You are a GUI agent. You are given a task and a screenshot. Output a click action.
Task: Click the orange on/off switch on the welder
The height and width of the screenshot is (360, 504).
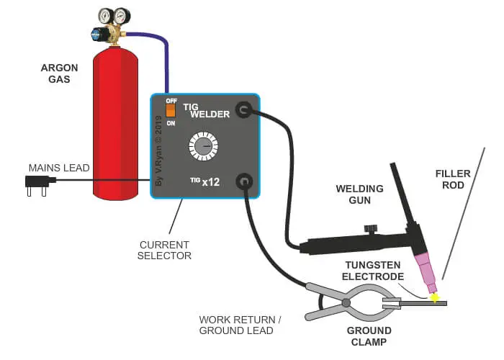tap(171, 111)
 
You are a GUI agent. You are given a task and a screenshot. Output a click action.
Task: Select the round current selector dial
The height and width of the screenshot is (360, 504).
tap(202, 147)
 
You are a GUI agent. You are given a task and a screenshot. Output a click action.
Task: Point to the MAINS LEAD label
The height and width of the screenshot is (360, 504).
tap(59, 168)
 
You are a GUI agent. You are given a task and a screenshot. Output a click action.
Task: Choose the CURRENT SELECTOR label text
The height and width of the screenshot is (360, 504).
tap(164, 251)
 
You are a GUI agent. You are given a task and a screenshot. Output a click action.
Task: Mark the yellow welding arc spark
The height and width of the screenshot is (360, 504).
tap(434, 297)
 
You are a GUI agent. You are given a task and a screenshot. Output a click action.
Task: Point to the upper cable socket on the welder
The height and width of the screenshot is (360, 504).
tap(244, 110)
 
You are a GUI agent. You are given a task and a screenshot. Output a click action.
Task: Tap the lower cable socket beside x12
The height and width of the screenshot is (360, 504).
tap(245, 181)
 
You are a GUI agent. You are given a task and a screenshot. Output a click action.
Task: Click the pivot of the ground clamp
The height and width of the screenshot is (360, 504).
tap(347, 302)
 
